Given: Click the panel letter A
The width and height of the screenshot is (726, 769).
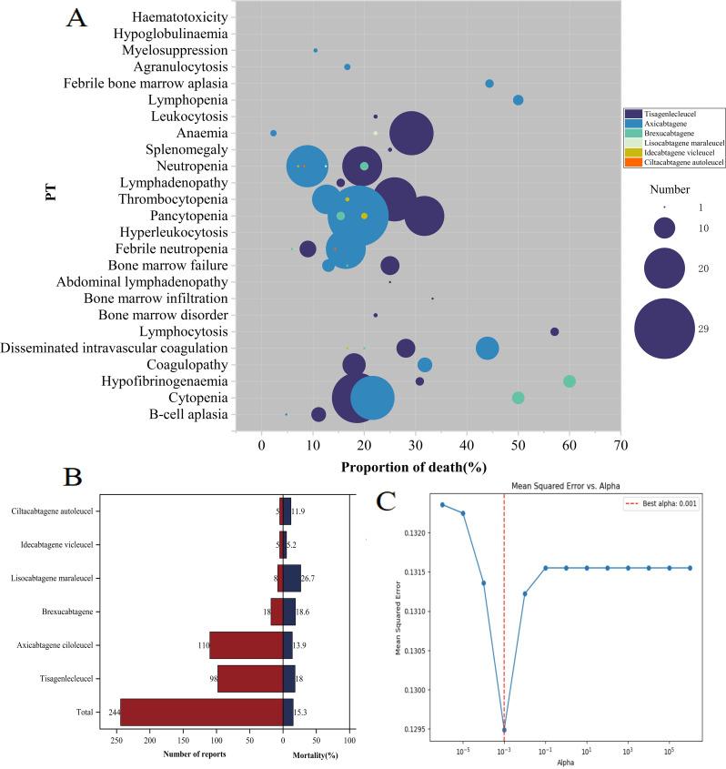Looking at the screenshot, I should tap(76, 19).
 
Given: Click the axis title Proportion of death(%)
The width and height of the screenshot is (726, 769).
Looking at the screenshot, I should tap(414, 467).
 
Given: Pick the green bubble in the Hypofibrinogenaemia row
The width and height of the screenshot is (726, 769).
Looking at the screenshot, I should tap(570, 381).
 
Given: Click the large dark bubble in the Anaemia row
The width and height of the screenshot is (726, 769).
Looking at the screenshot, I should tap(411, 133).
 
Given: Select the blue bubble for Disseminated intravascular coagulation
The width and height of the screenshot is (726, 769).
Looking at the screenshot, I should tap(488, 349).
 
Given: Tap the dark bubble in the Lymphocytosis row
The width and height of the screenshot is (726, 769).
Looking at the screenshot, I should tap(554, 332).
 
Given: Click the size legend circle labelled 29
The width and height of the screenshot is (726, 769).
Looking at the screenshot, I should tap(665, 329).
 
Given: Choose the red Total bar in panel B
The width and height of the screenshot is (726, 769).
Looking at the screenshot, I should tap(201, 713).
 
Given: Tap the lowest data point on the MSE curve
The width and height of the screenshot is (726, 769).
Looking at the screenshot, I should tap(504, 729).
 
